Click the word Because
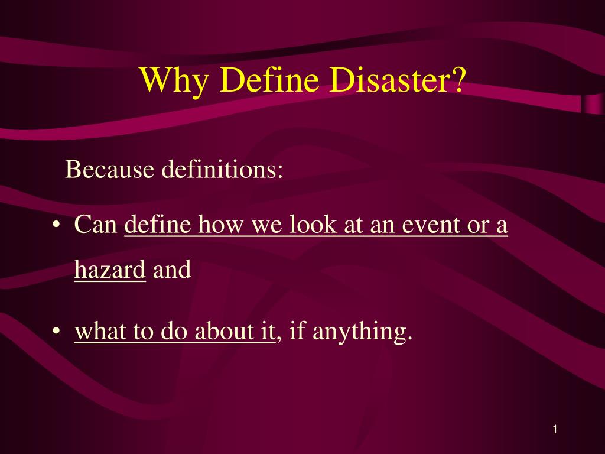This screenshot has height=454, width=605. [x=109, y=169]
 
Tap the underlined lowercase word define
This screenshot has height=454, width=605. [x=159, y=226]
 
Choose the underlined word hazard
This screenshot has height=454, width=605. [x=110, y=271]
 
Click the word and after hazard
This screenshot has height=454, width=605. [x=172, y=271]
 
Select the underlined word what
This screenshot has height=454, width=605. [x=99, y=332]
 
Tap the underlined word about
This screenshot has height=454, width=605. [x=223, y=332]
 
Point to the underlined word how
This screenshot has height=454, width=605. [x=223, y=226]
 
